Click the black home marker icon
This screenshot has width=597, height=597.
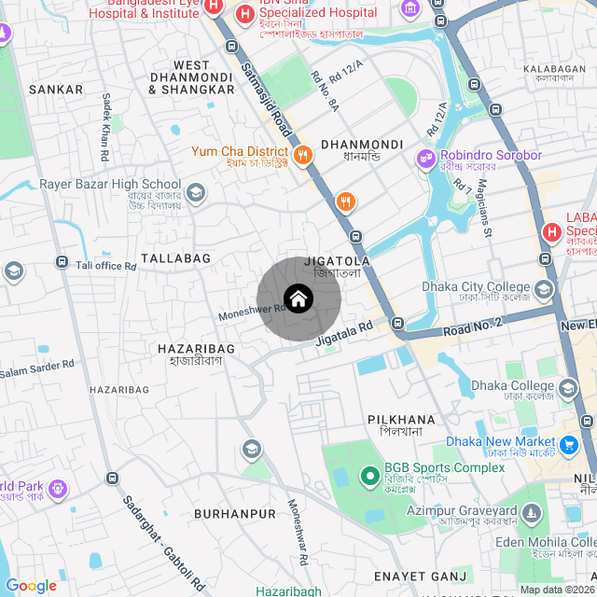pos(298,298)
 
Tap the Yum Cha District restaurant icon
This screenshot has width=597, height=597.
pos(302,156)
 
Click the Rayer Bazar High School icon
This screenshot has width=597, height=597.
pos(196,193)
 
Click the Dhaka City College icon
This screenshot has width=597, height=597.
pos(544,290)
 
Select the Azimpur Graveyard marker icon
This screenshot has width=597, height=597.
pos(532,513)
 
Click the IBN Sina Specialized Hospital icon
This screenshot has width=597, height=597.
pos(244,14)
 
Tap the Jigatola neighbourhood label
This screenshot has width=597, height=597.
pos(342,262)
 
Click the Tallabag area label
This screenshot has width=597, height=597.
pos(175,257)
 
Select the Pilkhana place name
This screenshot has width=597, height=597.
pos(401,420)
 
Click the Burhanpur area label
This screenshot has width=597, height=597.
pos(235,514)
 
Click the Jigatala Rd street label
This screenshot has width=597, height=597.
pos(344,334)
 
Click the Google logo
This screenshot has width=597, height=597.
pos(31,586)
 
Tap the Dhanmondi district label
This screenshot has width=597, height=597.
pos(361,145)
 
